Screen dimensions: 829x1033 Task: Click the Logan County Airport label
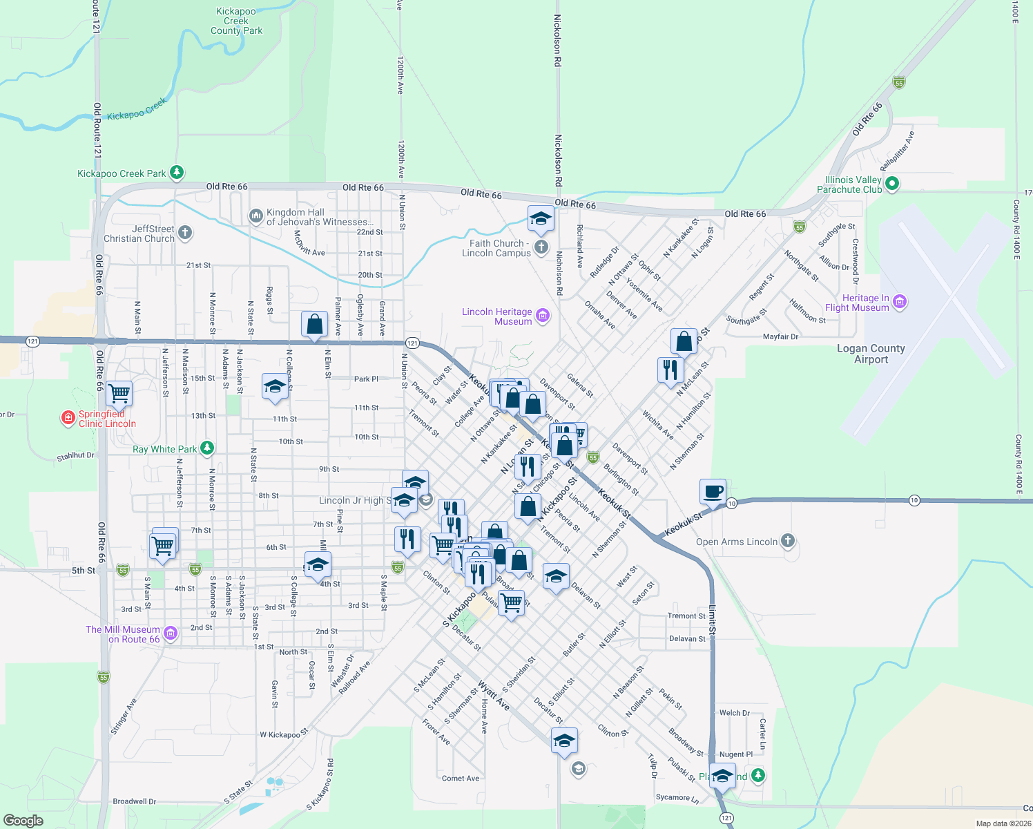871,354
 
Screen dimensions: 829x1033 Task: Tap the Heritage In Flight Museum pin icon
899,302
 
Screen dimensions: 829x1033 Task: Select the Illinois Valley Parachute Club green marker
891,184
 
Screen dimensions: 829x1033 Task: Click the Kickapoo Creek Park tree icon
177,172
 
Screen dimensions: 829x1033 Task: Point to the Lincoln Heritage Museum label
497,316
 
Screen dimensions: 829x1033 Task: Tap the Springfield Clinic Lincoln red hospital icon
68,418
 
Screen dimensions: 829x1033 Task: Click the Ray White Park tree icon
206,448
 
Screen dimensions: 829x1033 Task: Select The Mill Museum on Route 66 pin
171,633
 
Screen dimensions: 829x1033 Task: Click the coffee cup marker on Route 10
713,492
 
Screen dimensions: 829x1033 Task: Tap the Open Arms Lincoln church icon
788,541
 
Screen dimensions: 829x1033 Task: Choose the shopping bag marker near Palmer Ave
314,324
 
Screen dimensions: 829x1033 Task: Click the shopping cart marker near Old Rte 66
119,394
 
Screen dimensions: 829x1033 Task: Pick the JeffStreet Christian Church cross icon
185,233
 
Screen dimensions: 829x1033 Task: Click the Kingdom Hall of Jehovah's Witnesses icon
255,217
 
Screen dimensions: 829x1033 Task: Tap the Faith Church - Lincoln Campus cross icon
541,247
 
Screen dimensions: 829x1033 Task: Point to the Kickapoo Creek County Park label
236,21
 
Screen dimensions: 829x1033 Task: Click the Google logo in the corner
23,820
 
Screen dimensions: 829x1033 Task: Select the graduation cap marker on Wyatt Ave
564,741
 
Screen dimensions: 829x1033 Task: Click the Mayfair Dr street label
780,337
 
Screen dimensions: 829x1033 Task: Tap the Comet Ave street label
460,779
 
